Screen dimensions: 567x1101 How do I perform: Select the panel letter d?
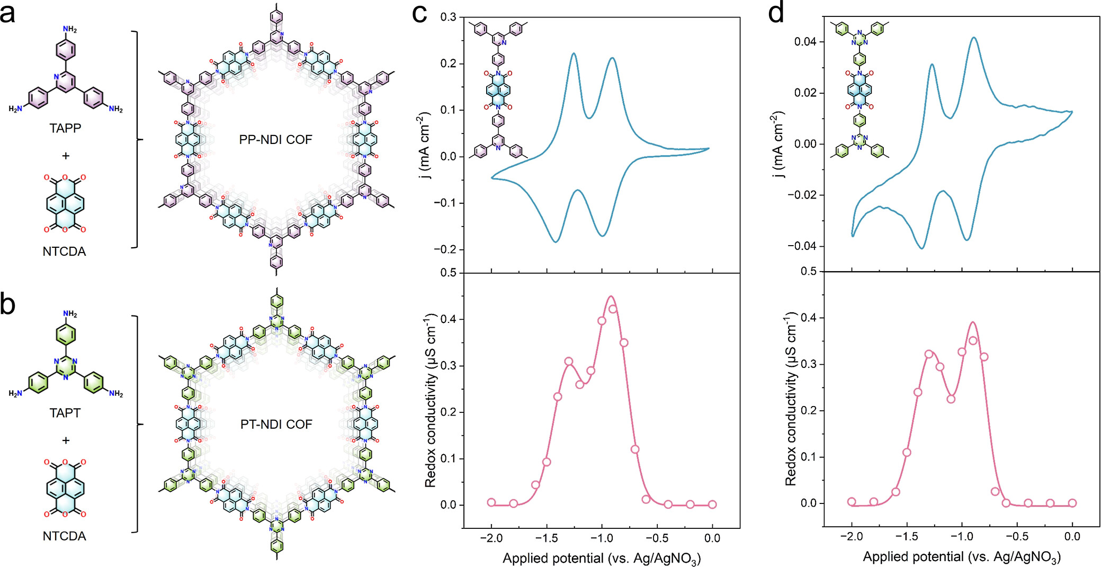pos(776,13)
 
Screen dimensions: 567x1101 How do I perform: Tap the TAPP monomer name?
pos(65,128)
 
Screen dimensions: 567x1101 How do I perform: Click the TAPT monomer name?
pos(65,412)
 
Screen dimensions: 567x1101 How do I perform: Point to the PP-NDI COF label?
pos(275,140)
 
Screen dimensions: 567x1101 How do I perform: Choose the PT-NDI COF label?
pos(276,424)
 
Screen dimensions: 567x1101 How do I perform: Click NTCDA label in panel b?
pos(64,536)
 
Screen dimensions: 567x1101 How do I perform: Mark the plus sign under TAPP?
pos(66,156)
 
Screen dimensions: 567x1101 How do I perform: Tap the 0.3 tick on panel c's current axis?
pos(448,17)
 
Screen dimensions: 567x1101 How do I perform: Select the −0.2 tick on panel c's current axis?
pos(445,249)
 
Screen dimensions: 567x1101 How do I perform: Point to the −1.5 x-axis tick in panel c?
pos(546,538)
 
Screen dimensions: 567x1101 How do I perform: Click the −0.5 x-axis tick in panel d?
pos(1017,536)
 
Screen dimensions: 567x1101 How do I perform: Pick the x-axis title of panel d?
pos(961,557)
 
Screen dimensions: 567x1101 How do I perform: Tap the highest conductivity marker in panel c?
pos(613,309)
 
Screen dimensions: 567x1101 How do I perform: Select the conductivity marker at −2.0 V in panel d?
pos(852,501)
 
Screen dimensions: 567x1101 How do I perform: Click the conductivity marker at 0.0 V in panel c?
pos(712,505)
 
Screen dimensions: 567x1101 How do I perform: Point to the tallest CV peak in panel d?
pos(974,38)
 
